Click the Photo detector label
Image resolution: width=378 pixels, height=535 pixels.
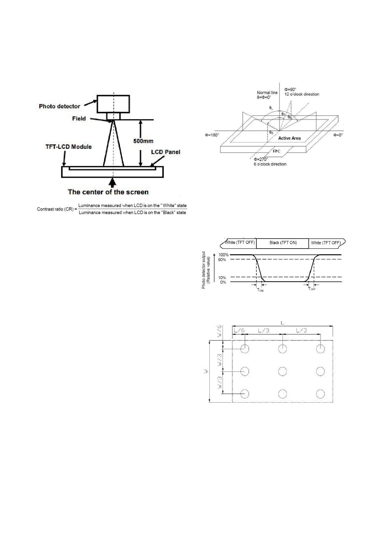coord(59,106)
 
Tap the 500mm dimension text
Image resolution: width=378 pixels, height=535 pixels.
coord(143,141)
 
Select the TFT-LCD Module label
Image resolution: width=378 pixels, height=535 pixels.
coord(69,147)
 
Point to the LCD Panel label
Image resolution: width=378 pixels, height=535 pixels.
coord(166,152)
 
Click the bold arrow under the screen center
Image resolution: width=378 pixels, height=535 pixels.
coord(113,183)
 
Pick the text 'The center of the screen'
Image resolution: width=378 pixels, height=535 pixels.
coord(108,192)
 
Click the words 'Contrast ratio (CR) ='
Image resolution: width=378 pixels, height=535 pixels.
coord(57,209)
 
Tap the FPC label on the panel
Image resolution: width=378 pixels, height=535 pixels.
coord(276,151)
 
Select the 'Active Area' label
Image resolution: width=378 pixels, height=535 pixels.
coord(289,138)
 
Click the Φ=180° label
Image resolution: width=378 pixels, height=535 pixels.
coord(212,135)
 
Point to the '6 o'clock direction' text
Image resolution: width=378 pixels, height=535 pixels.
coord(270,164)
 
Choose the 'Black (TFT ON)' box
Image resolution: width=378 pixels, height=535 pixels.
coord(283,243)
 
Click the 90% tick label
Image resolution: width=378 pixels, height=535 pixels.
coord(222,260)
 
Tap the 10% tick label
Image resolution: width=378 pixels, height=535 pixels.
coord(222,278)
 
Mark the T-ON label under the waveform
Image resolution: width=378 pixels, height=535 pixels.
coord(260,290)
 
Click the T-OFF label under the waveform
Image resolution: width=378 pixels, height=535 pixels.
coord(312,289)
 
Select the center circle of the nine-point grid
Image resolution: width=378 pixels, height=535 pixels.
coord(283,371)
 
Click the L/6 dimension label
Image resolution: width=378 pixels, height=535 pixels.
coord(239,330)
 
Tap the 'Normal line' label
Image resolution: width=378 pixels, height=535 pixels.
coord(267,93)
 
